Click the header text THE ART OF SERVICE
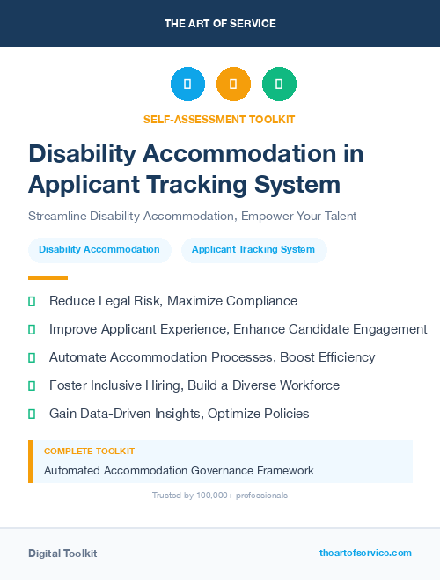[x=220, y=23]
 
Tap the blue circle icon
[x=187, y=84]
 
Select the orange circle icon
[x=233, y=84]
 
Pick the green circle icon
[x=279, y=84]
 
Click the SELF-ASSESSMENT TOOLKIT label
[x=219, y=119]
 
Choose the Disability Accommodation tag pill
[x=99, y=250]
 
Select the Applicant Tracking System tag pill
[x=253, y=250]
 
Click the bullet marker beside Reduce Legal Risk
[x=32, y=302]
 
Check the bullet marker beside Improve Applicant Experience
[x=32, y=330]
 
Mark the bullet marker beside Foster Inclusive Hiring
[x=32, y=386]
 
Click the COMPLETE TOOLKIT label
[x=89, y=451]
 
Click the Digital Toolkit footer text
[x=62, y=554]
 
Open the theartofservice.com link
[x=365, y=553]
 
